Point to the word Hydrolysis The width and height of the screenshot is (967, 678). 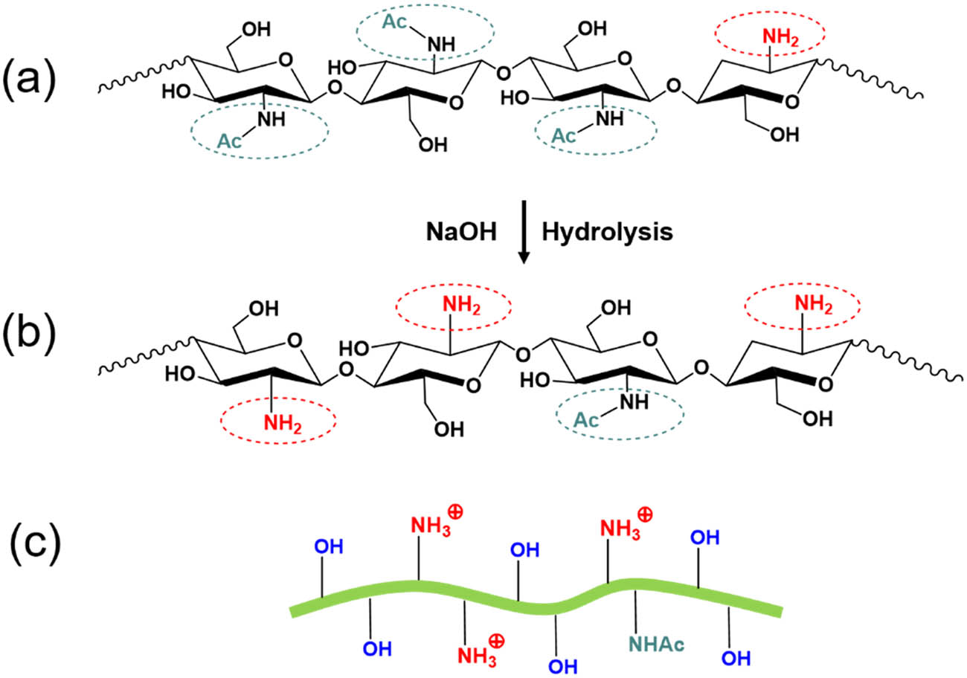click(607, 232)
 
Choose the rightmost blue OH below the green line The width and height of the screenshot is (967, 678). click(735, 657)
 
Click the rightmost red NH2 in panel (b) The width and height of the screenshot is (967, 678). click(812, 304)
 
